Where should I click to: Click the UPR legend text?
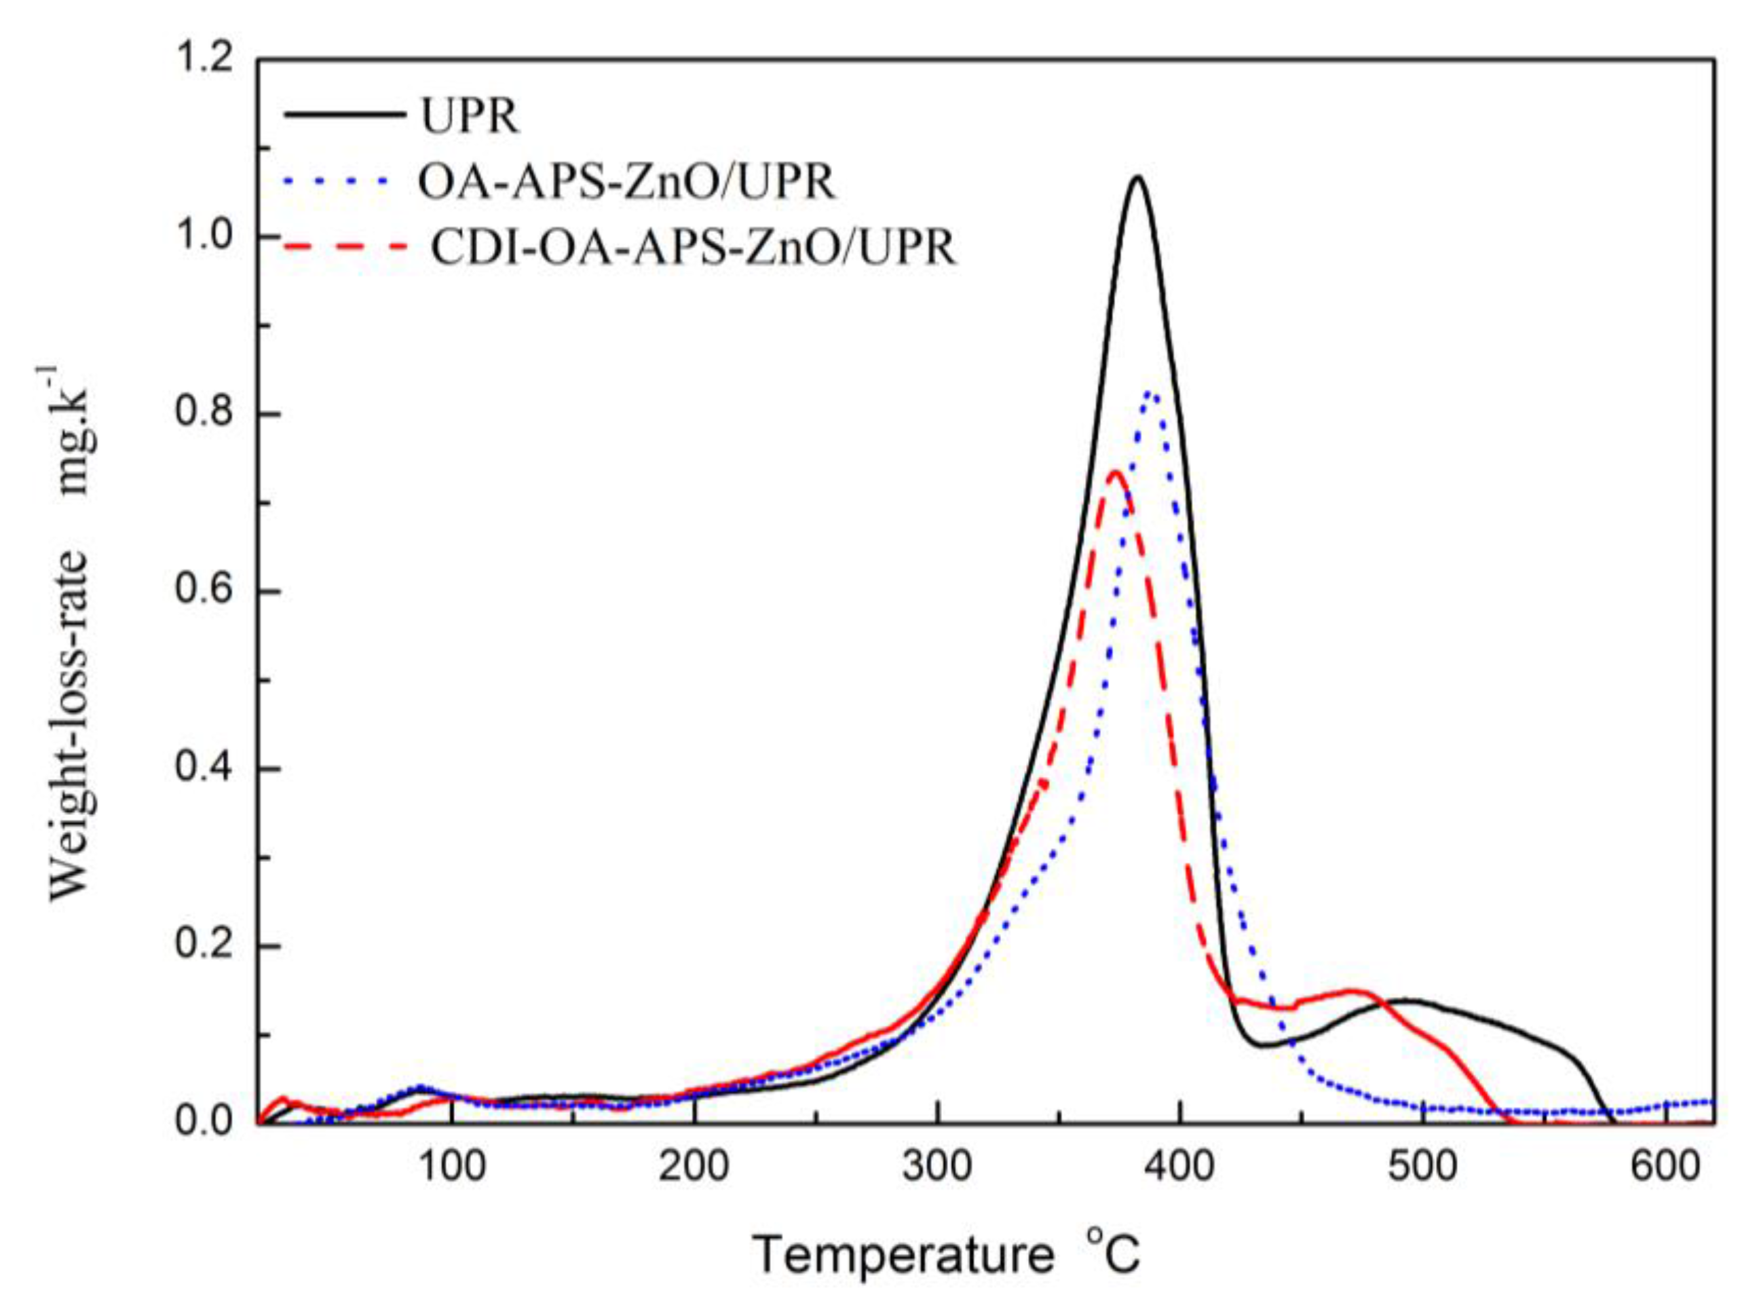click(470, 117)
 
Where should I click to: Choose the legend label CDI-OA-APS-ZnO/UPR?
click(693, 248)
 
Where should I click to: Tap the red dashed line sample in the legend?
click(345, 247)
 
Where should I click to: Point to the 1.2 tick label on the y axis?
click(208, 60)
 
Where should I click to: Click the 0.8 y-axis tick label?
click(208, 415)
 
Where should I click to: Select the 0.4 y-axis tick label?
click(208, 769)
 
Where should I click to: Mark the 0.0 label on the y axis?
click(208, 1122)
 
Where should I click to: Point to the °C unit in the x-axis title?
click(1114, 1253)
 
